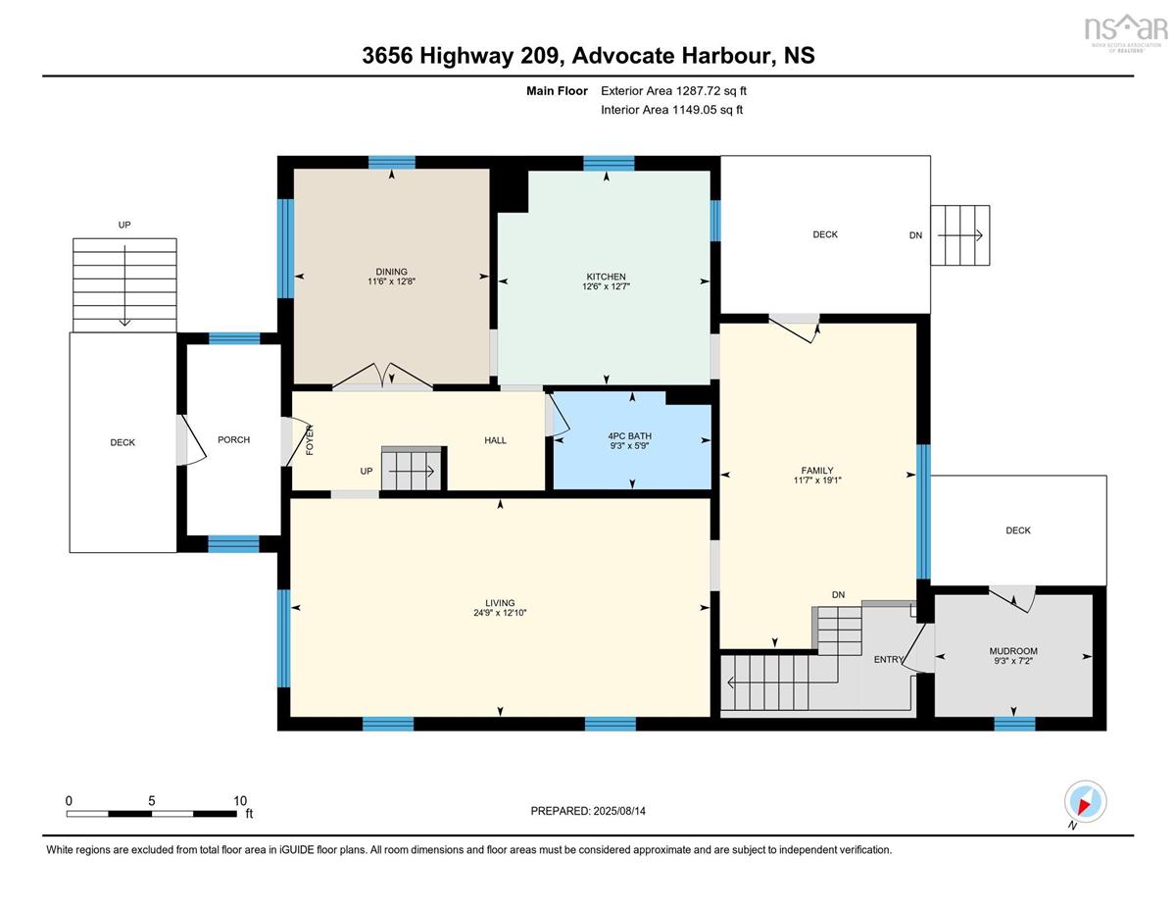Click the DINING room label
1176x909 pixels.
[x=391, y=272]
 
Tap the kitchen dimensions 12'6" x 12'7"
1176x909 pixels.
[x=606, y=286]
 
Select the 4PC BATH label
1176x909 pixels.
[x=629, y=435]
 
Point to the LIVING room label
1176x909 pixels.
[x=500, y=603]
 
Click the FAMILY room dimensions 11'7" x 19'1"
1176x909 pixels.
[x=817, y=480]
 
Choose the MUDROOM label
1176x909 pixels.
[x=1013, y=651]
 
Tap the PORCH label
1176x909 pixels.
[x=234, y=439]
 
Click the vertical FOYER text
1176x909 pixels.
[x=310, y=440]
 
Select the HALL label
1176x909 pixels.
[x=495, y=440]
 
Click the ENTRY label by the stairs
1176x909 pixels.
[x=889, y=659]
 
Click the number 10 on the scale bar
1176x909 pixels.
[x=240, y=801]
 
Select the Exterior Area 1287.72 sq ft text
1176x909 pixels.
[x=673, y=91]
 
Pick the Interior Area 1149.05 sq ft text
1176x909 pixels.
[x=671, y=110]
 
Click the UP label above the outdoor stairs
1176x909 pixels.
[x=124, y=225]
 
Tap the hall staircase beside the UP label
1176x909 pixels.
[x=414, y=470]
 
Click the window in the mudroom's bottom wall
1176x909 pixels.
[x=1014, y=724]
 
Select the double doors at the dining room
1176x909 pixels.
[x=382, y=377]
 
